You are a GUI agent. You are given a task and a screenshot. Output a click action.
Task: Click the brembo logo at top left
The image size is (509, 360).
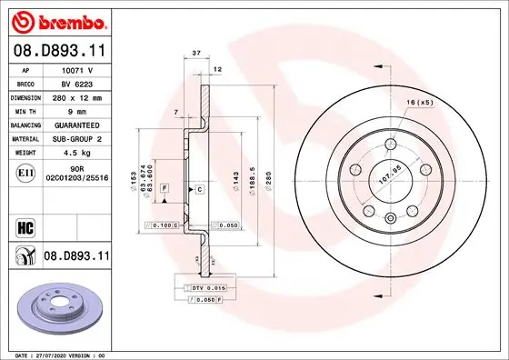click(x=56, y=20)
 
